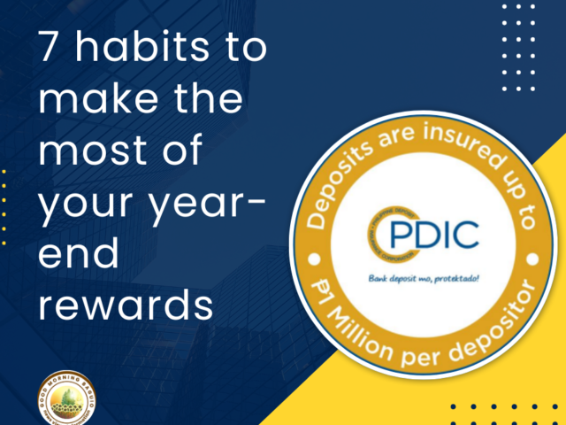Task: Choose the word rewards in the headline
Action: click(124, 305)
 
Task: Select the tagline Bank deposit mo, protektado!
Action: click(422, 278)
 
